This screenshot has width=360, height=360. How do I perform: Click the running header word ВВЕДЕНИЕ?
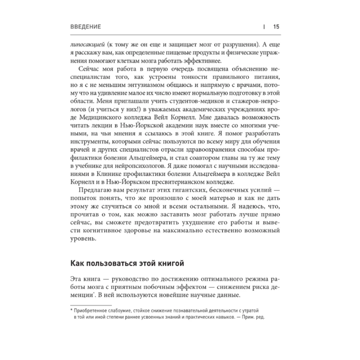click(x=86, y=27)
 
